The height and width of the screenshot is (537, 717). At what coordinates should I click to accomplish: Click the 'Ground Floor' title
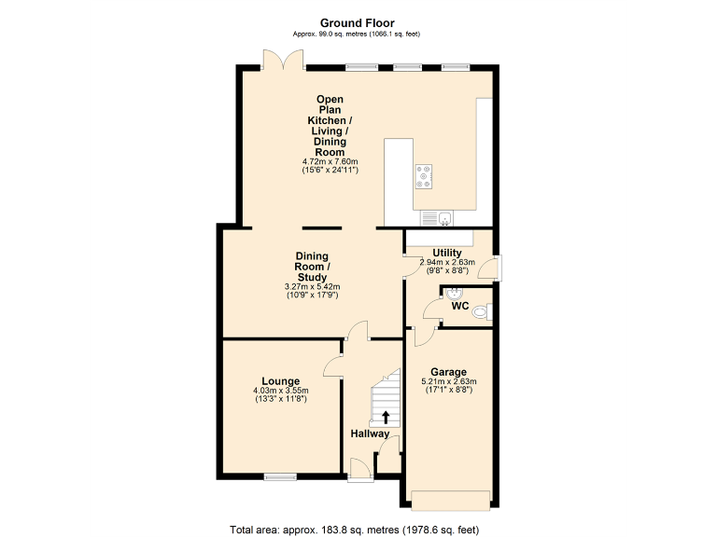click(x=358, y=22)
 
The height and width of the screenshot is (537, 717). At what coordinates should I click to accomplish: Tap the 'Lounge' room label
click(x=280, y=380)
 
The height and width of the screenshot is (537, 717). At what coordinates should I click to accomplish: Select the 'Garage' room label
click(x=449, y=372)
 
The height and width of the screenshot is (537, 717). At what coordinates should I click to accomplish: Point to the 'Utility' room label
click(x=447, y=253)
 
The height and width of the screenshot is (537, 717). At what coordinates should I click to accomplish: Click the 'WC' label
click(x=459, y=306)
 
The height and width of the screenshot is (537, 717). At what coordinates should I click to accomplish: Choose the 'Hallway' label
click(x=370, y=434)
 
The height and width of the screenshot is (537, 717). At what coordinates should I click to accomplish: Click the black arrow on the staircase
click(x=386, y=417)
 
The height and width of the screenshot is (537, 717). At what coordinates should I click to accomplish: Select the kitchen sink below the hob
click(x=436, y=218)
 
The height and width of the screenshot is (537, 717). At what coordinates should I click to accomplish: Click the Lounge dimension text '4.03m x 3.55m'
click(x=280, y=391)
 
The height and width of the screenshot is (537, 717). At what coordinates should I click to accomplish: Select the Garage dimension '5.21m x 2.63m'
click(x=448, y=381)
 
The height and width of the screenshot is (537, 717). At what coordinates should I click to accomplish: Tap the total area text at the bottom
click(x=354, y=530)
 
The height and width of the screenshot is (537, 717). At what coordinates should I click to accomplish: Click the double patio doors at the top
click(x=283, y=60)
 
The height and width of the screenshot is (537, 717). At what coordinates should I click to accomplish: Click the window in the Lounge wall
click(x=280, y=477)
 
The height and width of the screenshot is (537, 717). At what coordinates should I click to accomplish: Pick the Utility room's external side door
click(x=496, y=268)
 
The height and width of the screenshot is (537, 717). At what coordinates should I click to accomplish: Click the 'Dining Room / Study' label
click(x=312, y=266)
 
